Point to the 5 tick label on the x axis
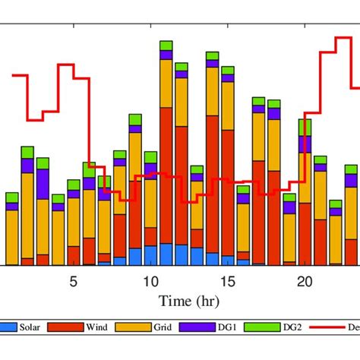[74, 282]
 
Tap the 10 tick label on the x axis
[150, 282]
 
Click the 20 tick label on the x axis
[305, 282]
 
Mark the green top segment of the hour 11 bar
[166, 46]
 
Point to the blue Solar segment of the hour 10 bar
[150, 255]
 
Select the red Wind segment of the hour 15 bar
[228, 197]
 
